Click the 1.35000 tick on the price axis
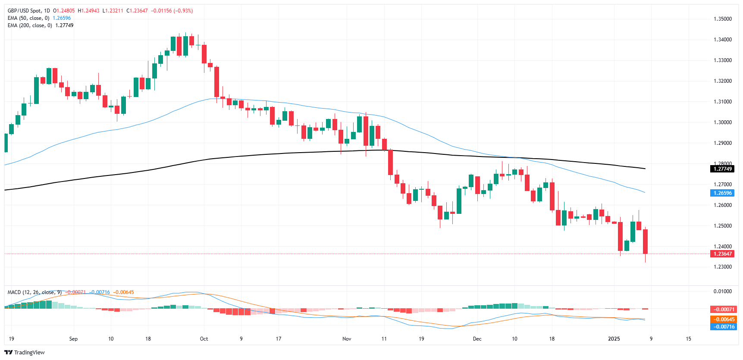[722, 19]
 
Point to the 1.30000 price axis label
[722, 122]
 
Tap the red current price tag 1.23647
[722, 254]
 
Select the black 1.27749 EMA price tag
[722, 169]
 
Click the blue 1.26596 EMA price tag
[722, 193]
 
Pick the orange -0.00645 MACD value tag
[722, 319]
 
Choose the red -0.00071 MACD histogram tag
[722, 310]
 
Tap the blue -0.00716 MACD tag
[722, 327]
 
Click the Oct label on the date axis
[204, 339]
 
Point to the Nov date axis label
[347, 339]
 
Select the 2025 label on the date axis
[614, 339]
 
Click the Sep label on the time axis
[73, 339]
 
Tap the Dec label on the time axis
[477, 339]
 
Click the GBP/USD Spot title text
[26, 11]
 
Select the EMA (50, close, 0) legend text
[28, 18]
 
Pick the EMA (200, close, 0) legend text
[30, 25]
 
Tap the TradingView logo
[25, 352]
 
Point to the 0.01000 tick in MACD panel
[722, 291]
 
